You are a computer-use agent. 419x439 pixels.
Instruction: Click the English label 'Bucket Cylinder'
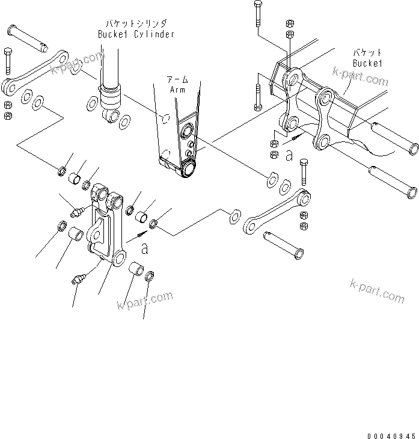point(136,34)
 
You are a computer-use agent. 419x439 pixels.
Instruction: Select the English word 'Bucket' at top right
point(367,63)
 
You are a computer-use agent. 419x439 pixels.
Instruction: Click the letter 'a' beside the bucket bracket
point(289,156)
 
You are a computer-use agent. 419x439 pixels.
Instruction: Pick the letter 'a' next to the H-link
point(144,247)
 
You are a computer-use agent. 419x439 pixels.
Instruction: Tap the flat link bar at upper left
point(35,72)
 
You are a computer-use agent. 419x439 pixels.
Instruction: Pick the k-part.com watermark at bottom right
point(378,291)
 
